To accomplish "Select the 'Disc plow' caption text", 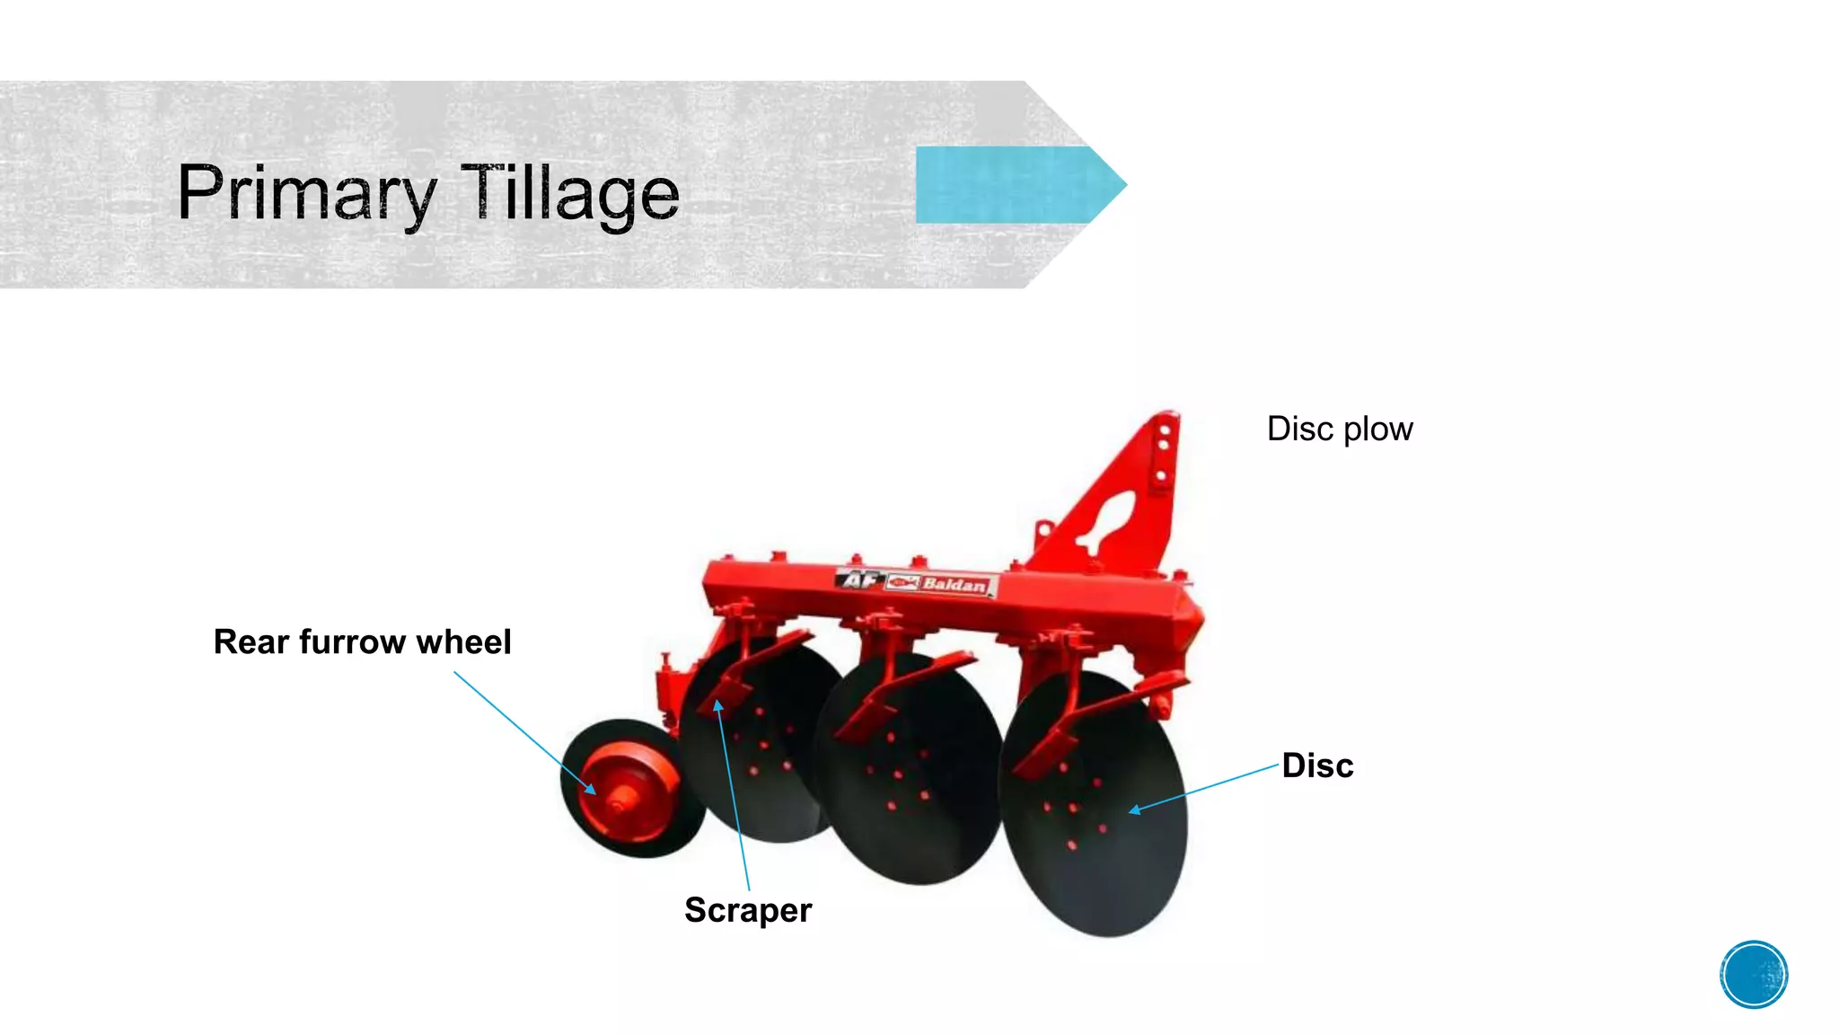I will click(x=1339, y=429).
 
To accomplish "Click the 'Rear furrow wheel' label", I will click(x=362, y=642).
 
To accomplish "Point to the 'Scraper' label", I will click(x=747, y=910).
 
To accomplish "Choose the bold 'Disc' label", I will click(x=1317, y=765).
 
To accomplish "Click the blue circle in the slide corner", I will click(x=1754, y=974).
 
